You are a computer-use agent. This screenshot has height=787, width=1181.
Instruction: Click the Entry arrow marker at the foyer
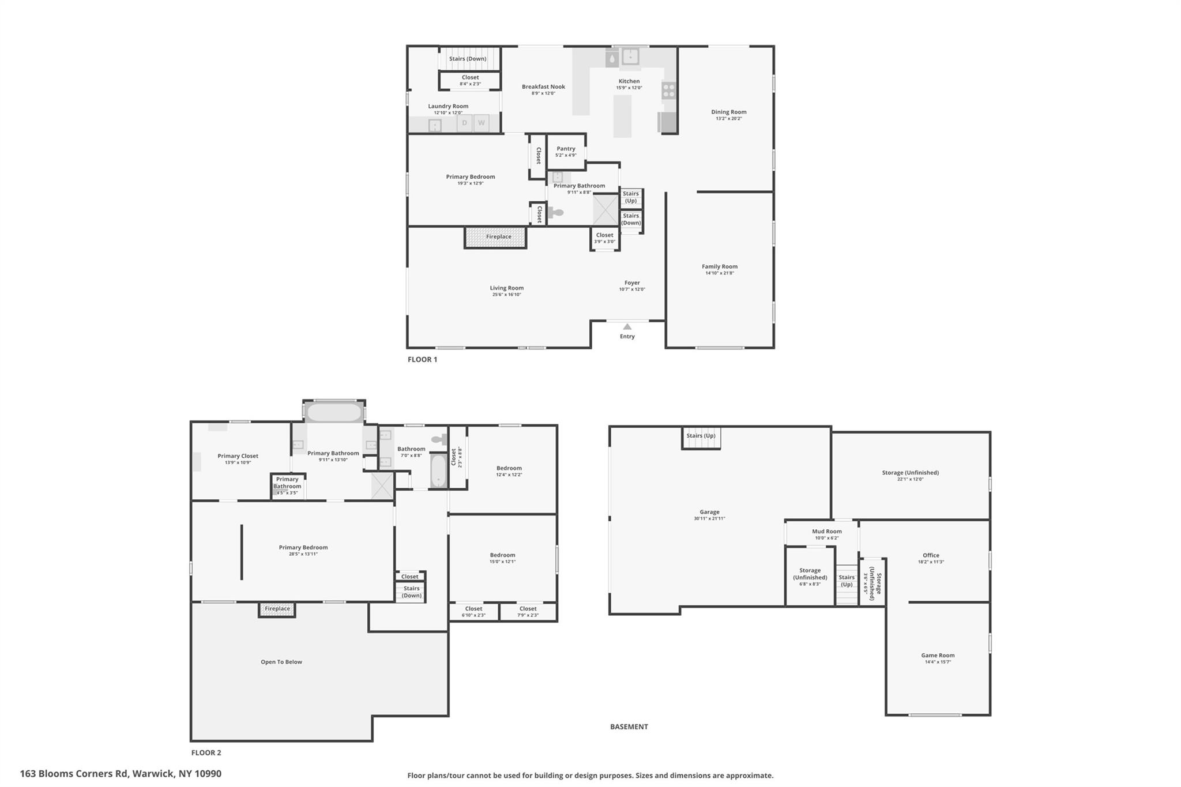627,327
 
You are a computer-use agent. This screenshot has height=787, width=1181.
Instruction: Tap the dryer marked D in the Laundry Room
464,123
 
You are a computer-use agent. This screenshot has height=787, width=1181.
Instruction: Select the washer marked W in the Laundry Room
481,123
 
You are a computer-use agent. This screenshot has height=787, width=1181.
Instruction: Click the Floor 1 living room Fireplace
496,237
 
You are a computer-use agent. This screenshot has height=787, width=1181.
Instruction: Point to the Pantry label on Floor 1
566,149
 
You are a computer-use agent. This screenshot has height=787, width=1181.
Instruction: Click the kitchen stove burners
669,90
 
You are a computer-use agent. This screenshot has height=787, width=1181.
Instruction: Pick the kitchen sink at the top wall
630,57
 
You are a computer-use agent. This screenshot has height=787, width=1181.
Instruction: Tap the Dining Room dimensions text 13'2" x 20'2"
728,119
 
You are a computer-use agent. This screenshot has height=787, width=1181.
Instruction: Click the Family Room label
719,266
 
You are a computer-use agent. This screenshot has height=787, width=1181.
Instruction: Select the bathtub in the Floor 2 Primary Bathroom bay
334,413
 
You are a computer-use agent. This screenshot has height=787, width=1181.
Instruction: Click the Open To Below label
281,662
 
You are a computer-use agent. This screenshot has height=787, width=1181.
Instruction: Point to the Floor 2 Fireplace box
277,609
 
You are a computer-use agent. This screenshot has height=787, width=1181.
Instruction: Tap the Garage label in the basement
709,512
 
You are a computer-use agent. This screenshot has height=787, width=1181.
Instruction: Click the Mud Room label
826,532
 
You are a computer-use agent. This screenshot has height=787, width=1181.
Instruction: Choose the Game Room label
938,656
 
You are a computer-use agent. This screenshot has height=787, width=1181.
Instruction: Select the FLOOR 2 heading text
206,752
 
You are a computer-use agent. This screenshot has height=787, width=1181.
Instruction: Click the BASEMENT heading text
629,726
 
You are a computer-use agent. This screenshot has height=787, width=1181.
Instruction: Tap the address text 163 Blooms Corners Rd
121,774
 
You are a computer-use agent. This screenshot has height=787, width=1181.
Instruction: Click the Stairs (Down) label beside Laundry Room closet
468,59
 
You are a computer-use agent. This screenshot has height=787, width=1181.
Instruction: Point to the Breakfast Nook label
543,87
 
